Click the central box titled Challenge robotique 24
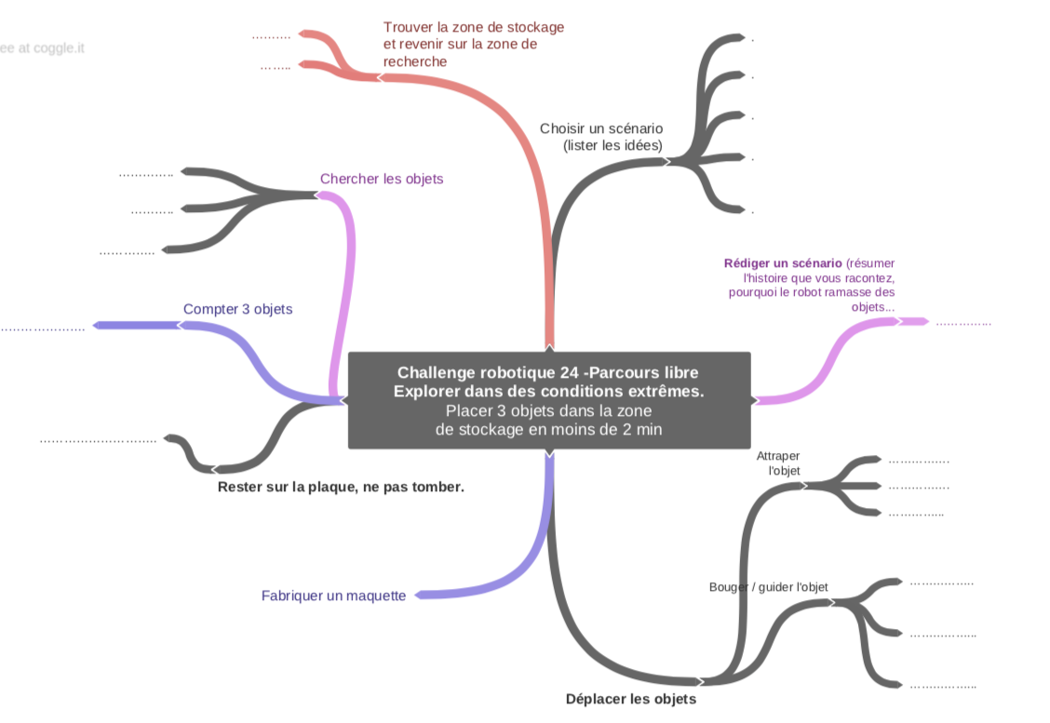[x=548, y=400]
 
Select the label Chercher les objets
[x=382, y=179]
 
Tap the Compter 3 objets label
[x=237, y=309]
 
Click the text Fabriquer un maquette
[x=333, y=596]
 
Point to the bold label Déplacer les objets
[x=630, y=699]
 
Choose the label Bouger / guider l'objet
[x=768, y=587]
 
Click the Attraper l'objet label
[x=778, y=463]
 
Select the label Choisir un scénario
[x=601, y=128]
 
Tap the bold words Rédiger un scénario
[x=783, y=263]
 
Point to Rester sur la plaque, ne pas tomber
[x=340, y=487]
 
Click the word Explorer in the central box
[x=424, y=392]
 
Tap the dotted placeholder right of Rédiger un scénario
[x=962, y=324]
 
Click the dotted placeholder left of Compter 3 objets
[x=42, y=328]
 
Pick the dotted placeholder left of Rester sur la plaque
[x=98, y=441]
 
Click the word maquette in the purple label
[x=375, y=596]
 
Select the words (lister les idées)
[x=613, y=145]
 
